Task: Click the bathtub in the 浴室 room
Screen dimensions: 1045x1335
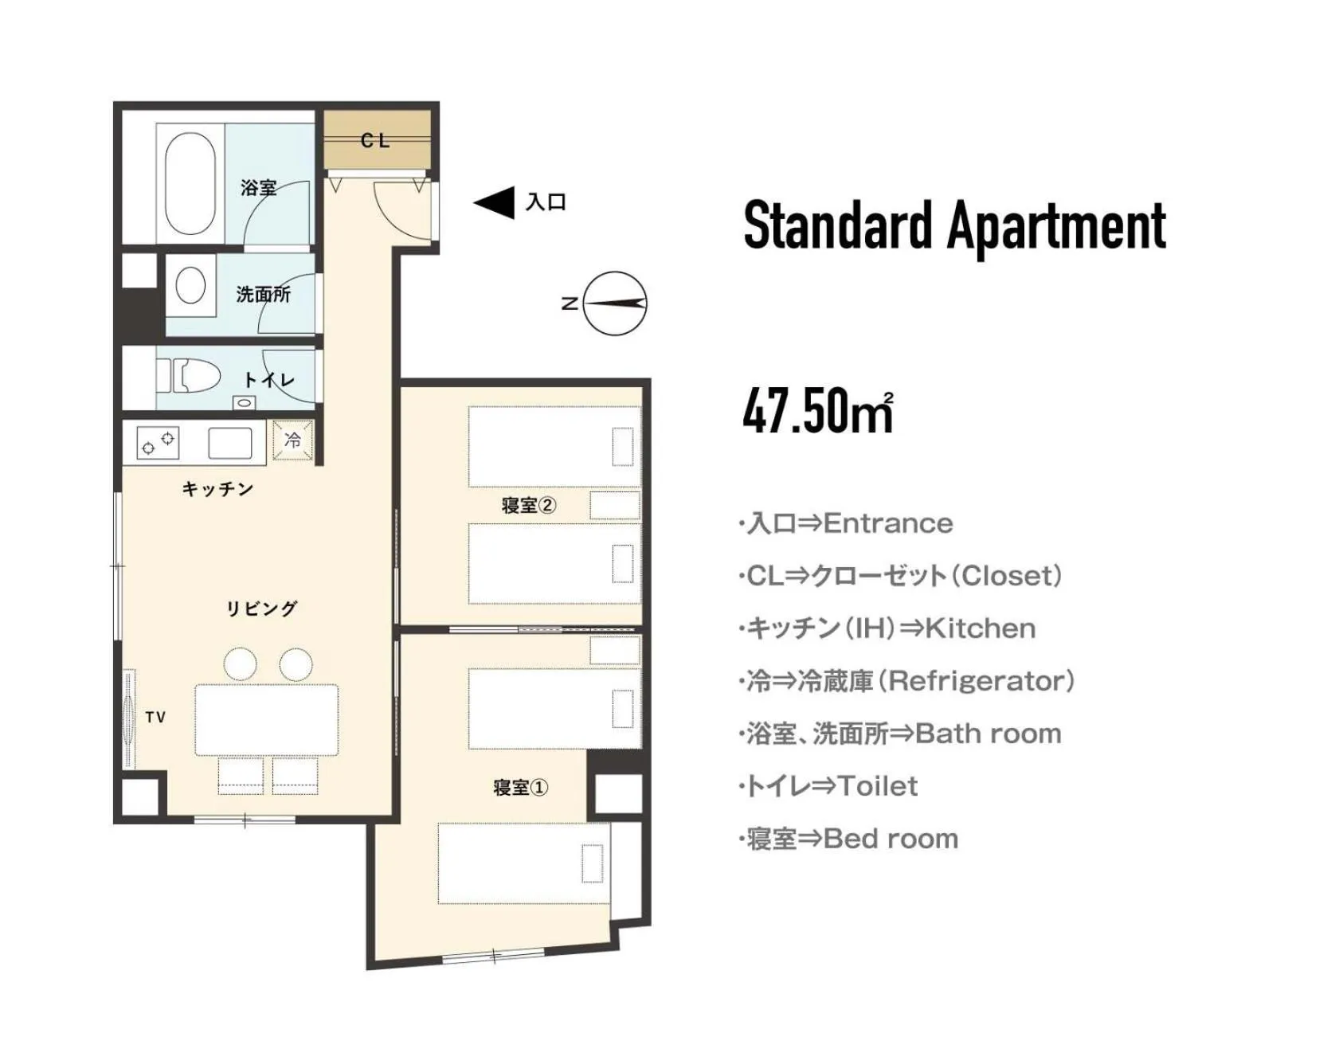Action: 190,183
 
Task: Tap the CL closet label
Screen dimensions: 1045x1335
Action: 375,141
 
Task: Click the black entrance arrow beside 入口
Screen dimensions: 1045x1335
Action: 495,202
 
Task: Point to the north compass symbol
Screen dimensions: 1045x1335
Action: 613,303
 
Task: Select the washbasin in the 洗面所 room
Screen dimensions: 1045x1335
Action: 190,285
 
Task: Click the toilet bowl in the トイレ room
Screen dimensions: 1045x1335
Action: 195,375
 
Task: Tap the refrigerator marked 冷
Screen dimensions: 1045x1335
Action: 292,440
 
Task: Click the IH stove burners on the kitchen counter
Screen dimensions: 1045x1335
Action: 158,442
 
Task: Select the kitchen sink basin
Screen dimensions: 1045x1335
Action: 230,443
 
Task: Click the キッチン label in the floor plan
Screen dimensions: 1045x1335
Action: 217,488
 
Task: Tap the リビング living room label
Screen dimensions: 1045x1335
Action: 261,609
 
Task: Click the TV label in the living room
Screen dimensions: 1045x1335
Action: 155,717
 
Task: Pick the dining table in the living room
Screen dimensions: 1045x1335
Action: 266,719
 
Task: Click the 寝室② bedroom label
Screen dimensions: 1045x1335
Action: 528,505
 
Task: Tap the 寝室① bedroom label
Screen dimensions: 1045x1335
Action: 520,788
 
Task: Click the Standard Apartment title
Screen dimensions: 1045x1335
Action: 954,225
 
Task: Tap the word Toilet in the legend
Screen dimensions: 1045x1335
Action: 877,786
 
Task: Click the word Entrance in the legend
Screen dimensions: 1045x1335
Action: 887,523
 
